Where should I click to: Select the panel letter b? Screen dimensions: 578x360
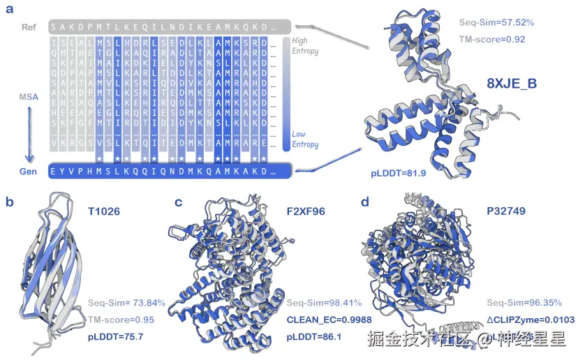(x=10, y=202)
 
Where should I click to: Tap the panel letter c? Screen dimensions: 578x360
(x=179, y=202)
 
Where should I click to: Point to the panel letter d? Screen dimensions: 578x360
(x=365, y=202)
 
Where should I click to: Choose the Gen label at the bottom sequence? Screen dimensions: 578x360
(x=29, y=171)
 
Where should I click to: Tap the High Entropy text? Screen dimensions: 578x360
(x=304, y=46)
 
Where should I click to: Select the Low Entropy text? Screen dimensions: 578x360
(x=304, y=140)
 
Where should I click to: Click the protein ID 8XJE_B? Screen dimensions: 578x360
(x=512, y=84)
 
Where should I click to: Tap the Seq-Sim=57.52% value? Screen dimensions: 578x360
(x=496, y=22)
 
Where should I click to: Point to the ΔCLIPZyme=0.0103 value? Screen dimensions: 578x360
(x=525, y=320)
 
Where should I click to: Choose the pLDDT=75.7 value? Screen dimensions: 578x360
(x=115, y=337)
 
